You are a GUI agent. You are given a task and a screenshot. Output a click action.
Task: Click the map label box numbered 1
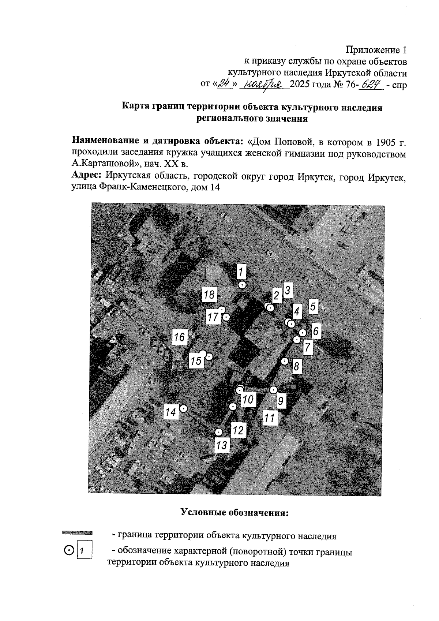click(241, 272)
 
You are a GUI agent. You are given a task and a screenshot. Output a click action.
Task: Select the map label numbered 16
click(180, 337)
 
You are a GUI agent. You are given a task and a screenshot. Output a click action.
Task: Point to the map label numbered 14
click(170, 412)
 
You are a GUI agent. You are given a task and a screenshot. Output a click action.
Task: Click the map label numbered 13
click(222, 445)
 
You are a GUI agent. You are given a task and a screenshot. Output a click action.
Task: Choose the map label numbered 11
click(270, 418)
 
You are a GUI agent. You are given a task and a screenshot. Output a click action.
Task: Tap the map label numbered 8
click(297, 366)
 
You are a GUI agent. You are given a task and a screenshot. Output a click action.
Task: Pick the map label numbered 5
click(313, 306)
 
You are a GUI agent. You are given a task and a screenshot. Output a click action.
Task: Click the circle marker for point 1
click(242, 285)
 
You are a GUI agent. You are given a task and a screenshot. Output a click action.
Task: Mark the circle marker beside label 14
click(184, 408)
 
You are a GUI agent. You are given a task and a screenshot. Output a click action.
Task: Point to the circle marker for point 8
click(285, 361)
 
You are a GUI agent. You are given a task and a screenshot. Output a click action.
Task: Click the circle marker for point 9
click(273, 390)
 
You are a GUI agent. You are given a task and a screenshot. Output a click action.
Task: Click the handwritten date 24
click(225, 84)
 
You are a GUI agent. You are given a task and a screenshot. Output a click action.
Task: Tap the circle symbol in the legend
click(69, 550)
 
